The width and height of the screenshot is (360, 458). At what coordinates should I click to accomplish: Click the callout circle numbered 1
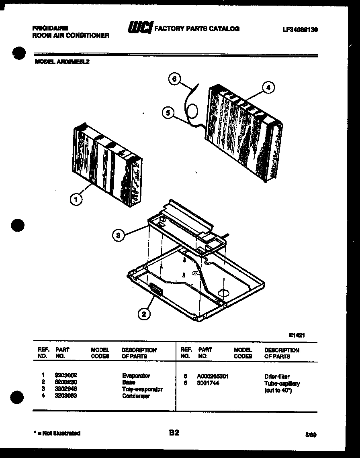(76, 199)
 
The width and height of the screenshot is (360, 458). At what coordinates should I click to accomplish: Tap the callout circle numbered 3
(118, 236)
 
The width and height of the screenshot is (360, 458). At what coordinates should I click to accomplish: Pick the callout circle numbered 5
(169, 113)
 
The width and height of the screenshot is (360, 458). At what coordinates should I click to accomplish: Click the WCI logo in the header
(139, 28)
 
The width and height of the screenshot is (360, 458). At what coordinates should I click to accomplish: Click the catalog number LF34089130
(300, 29)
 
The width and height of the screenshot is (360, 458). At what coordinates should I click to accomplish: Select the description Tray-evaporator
(142, 389)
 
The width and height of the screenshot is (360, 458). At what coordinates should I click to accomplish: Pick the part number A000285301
(213, 377)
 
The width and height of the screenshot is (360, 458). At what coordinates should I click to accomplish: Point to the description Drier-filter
(276, 377)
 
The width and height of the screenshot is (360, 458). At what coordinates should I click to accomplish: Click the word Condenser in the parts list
(136, 396)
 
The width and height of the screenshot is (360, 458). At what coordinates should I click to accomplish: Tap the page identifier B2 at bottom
(174, 433)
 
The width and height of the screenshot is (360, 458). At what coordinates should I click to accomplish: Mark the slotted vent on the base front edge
(155, 289)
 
